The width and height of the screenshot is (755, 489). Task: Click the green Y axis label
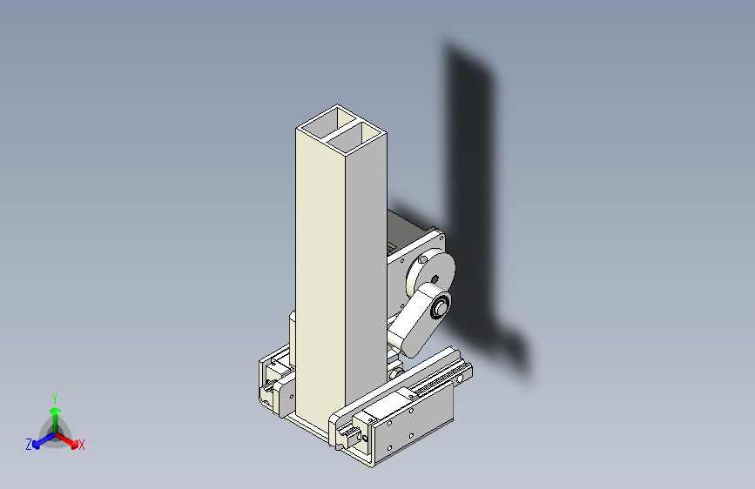point(55,399)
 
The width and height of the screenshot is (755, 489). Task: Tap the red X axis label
point(81,445)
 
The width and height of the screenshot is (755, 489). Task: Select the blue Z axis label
point(29,445)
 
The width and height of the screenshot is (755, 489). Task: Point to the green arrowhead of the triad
point(56,411)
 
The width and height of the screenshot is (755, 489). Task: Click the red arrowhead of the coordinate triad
point(74,444)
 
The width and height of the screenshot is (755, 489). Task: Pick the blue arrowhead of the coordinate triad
point(37,445)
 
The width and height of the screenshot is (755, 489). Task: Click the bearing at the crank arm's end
point(440,307)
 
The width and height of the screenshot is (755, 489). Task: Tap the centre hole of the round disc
point(435,279)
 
